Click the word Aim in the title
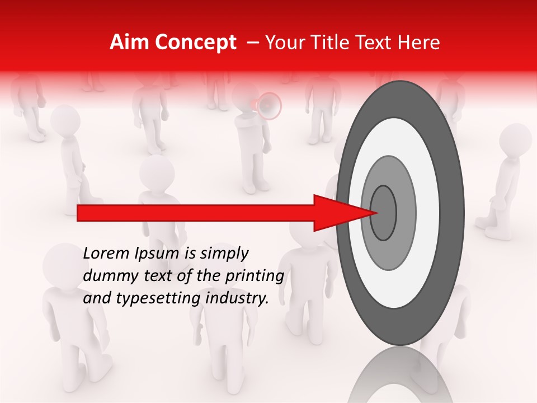[x=130, y=43]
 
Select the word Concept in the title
[x=195, y=43]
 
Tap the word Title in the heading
[x=341, y=43]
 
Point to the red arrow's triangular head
[x=341, y=213]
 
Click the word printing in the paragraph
[x=255, y=277]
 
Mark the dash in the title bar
[x=252, y=43]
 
